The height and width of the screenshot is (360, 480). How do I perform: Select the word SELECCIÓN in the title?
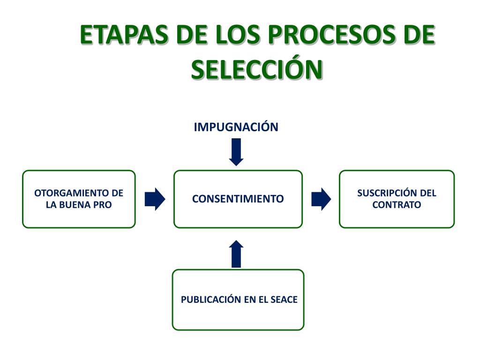[257, 69]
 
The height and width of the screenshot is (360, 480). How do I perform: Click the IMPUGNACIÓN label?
[236, 127]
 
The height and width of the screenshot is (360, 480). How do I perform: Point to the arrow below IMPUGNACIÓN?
[236, 152]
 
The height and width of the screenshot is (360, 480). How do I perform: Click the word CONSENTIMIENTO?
[238, 199]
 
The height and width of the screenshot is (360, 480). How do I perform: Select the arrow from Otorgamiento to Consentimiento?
[155, 199]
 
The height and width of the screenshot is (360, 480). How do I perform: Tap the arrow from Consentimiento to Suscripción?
[321, 199]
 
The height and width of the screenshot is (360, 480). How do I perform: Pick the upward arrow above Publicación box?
[237, 254]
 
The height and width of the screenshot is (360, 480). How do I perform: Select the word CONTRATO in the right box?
[397, 205]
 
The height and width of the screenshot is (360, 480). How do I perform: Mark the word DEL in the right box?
[428, 193]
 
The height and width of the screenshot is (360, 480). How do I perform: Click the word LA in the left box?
[52, 205]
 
